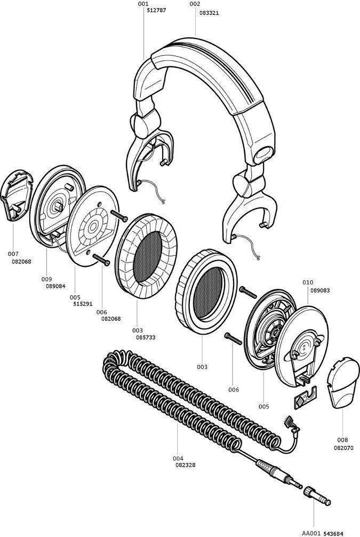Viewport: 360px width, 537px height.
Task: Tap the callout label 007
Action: point(13,254)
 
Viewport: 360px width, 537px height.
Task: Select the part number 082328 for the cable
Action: point(185,465)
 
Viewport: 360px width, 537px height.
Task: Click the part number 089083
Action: point(319,290)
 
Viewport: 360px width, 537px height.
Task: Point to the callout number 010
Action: point(308,282)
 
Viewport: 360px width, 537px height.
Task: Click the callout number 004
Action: point(178,458)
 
